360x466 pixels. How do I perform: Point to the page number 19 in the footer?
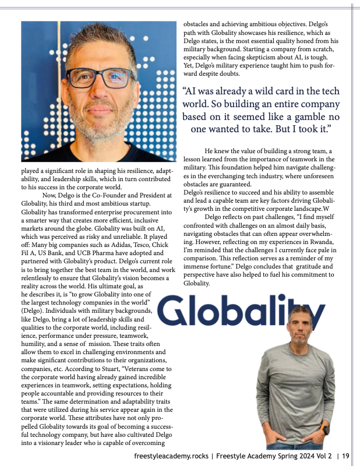345,456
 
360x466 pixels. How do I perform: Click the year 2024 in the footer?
294,456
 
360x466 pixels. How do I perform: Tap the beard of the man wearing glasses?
98,125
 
